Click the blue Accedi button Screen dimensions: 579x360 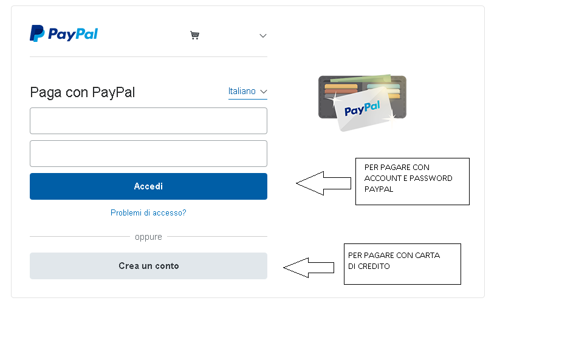[148, 186]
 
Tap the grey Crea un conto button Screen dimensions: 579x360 [148, 266]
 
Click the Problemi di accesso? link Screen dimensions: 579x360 [148, 213]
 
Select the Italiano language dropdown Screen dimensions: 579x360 [247, 91]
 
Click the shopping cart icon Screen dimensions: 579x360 [194, 35]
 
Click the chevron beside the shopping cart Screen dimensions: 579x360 [263, 36]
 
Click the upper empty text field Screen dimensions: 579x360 [148, 121]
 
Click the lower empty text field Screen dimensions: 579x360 [148, 154]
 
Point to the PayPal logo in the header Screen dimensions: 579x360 [64, 33]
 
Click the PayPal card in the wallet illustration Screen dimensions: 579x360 [363, 109]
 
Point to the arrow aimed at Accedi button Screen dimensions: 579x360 [323, 183]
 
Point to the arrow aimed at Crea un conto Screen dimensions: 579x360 [309, 268]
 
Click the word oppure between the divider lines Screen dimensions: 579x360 [148, 237]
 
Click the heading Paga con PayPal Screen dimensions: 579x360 [83, 92]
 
